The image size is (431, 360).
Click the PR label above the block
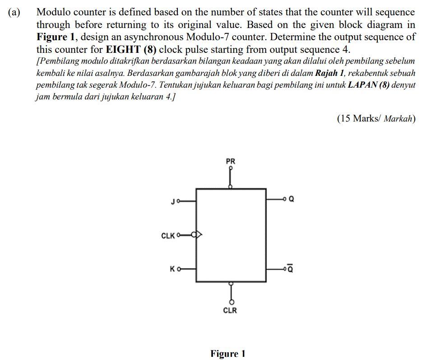pos(230,161)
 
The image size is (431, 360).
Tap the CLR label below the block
pos(230,310)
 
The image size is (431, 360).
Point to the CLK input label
pos(167,235)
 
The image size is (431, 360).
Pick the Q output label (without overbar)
pos(291,199)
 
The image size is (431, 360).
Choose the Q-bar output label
pos(291,269)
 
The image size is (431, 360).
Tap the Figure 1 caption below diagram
pos(227,354)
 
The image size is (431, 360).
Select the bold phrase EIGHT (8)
pos(131,50)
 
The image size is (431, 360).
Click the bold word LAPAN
pos(360,85)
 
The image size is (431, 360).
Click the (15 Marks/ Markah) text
pos(376,119)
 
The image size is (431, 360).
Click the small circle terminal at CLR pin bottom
pos(231,302)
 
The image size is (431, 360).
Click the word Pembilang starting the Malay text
pos(56,61)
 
